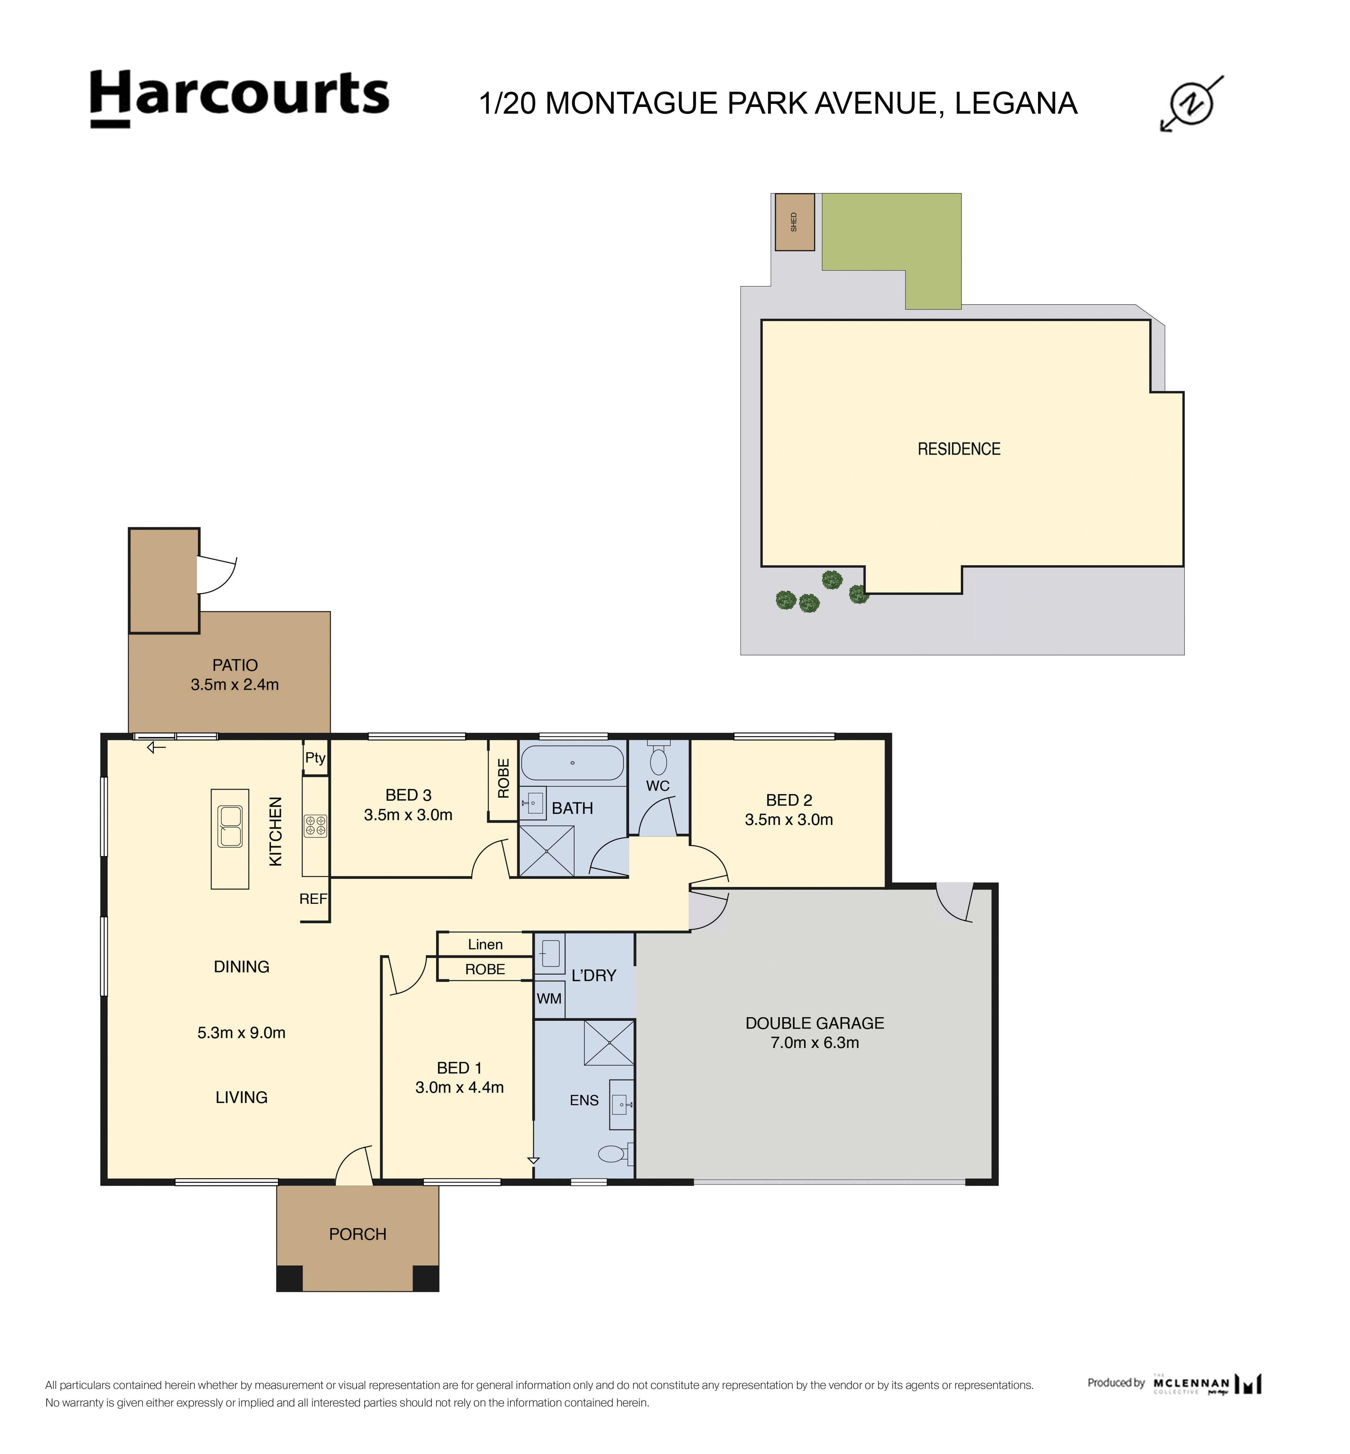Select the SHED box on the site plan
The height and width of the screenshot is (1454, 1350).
794,222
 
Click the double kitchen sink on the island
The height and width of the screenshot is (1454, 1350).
230,826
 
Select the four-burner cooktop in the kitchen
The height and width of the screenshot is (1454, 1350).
316,826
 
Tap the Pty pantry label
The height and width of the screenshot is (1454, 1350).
315,757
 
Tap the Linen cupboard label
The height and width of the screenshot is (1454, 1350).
485,944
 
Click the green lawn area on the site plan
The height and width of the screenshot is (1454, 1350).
891,234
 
